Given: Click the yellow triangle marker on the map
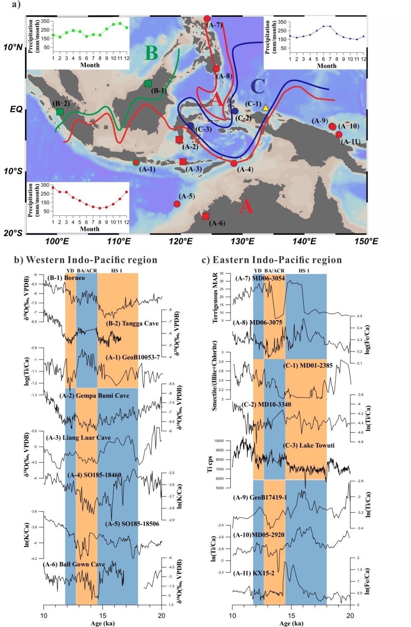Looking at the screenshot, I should click(265, 108).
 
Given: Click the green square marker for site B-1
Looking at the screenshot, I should click(148, 84).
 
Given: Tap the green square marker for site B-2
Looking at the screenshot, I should click(60, 112).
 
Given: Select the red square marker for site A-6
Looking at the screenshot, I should click(205, 216).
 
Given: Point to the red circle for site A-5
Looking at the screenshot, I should click(177, 204).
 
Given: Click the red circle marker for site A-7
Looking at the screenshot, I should click(207, 19).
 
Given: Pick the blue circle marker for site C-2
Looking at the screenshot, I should click(235, 111).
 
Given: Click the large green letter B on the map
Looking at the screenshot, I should click(151, 53).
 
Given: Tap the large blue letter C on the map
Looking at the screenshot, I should click(257, 86).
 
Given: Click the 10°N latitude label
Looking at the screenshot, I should click(13, 47).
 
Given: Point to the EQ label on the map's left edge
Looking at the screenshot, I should click(16, 109).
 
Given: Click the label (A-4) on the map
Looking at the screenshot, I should click(245, 170).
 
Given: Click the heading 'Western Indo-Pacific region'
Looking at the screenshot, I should click(86, 260).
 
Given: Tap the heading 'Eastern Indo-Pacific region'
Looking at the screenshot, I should click(272, 260).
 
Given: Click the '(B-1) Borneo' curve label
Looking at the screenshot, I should click(66, 277).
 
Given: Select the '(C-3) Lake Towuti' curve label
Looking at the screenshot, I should click(308, 445).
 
